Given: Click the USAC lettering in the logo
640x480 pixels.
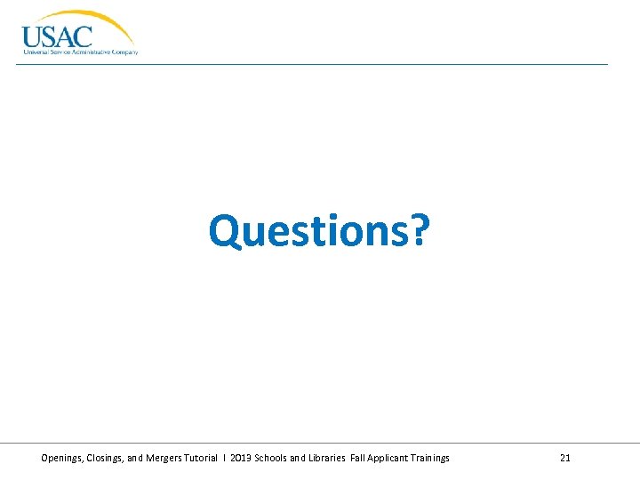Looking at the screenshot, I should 57,36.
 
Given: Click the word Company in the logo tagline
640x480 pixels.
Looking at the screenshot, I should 124,52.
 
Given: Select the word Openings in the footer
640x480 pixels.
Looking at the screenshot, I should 63,458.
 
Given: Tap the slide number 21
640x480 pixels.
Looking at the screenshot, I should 565,458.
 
